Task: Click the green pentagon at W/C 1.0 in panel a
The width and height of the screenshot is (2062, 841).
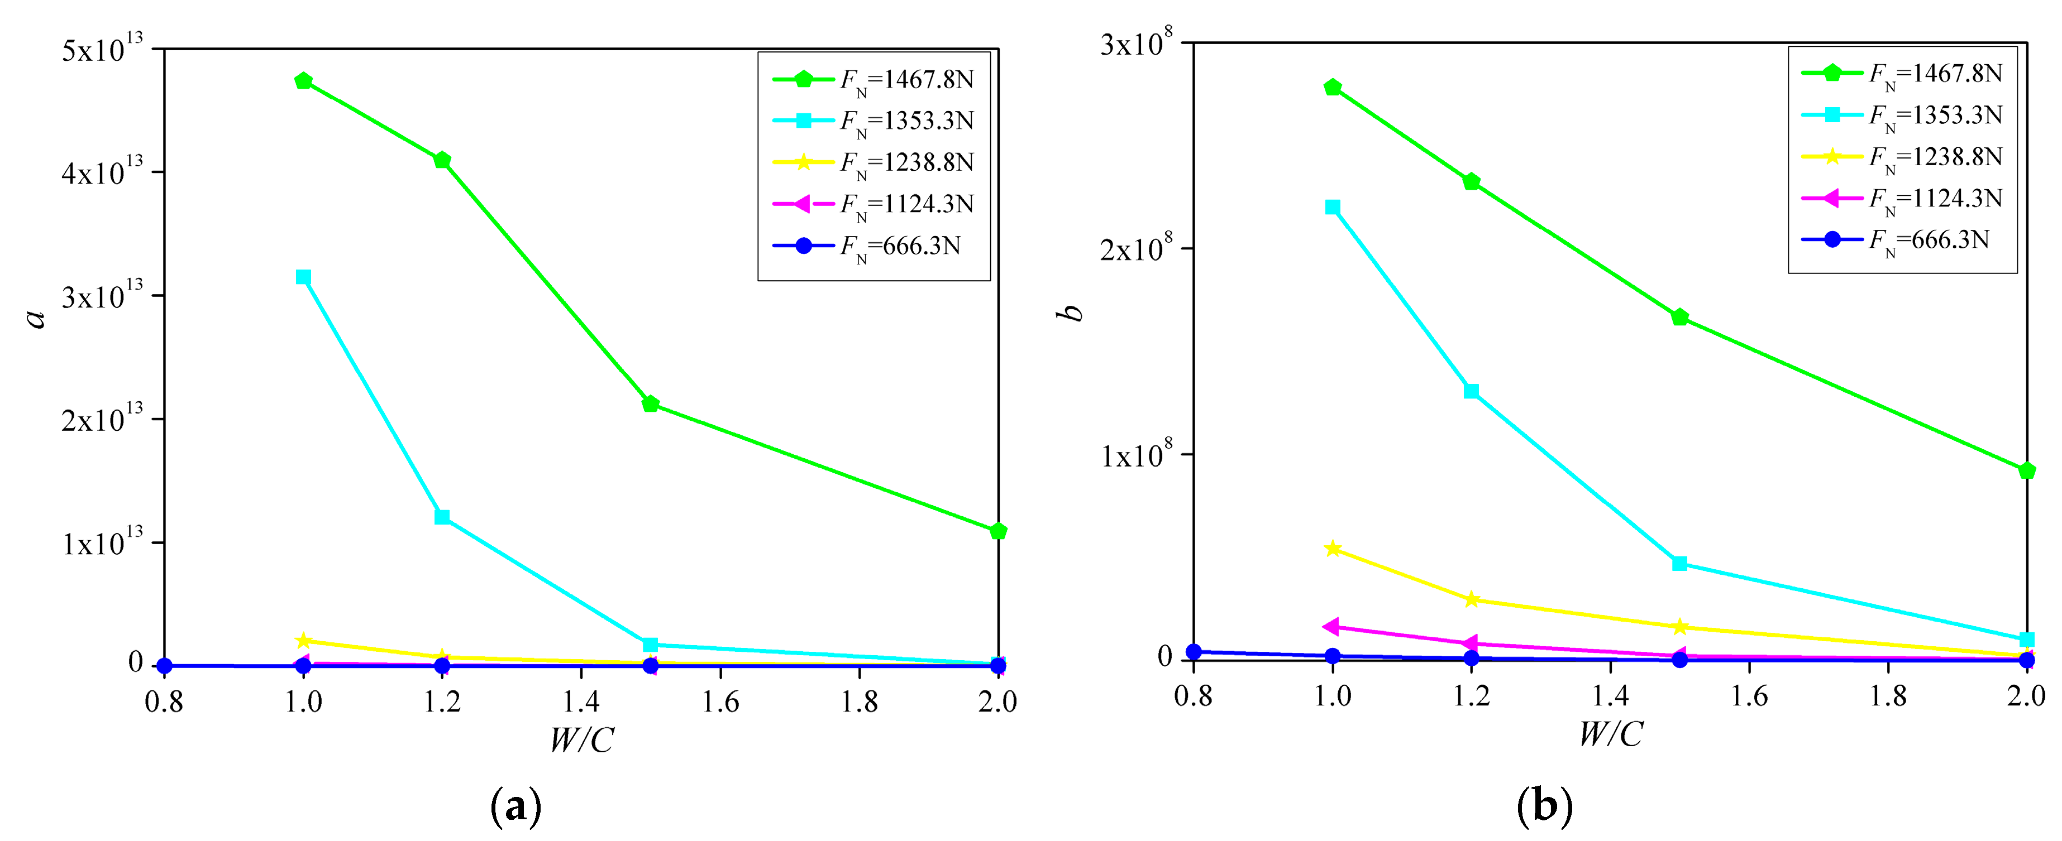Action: click(x=303, y=81)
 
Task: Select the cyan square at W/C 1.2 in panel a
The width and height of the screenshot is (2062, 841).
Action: click(x=442, y=517)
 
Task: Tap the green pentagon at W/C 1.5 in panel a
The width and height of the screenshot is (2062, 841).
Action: click(x=651, y=404)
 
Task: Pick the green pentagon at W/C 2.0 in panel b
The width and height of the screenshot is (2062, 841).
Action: click(x=2027, y=470)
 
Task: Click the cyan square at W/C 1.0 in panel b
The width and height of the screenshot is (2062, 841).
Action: click(x=1333, y=207)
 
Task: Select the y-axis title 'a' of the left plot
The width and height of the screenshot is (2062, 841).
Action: click(x=36, y=318)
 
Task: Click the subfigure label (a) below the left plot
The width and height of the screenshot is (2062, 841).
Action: click(x=515, y=806)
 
